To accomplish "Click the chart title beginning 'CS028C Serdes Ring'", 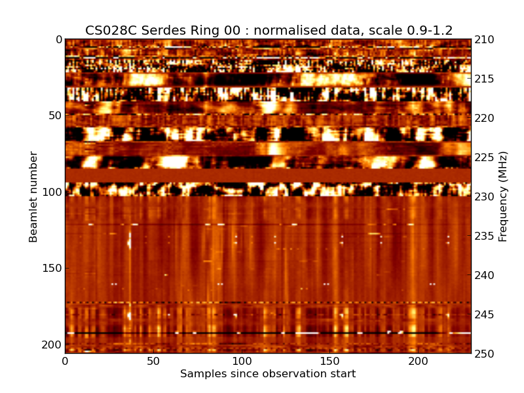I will pos(269,30).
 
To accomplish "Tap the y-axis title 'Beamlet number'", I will pos(33,196).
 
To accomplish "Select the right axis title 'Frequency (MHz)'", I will pos(503,196).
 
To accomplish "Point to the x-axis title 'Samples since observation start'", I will pos(268,374).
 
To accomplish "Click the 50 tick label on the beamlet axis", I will pos(54,116).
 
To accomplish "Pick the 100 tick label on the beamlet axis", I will pos(51,192).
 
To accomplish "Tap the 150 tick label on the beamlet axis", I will pos(51,269).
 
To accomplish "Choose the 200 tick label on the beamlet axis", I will pos(51,345).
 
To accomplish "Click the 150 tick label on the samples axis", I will pos(329,362).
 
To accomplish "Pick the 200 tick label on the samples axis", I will pos(418,362).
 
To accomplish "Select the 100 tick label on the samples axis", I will pos(242,362).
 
